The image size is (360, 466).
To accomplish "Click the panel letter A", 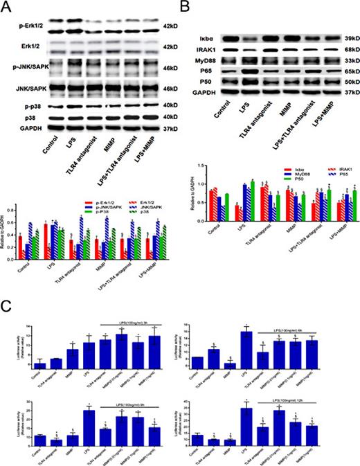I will click(x=7, y=8).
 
